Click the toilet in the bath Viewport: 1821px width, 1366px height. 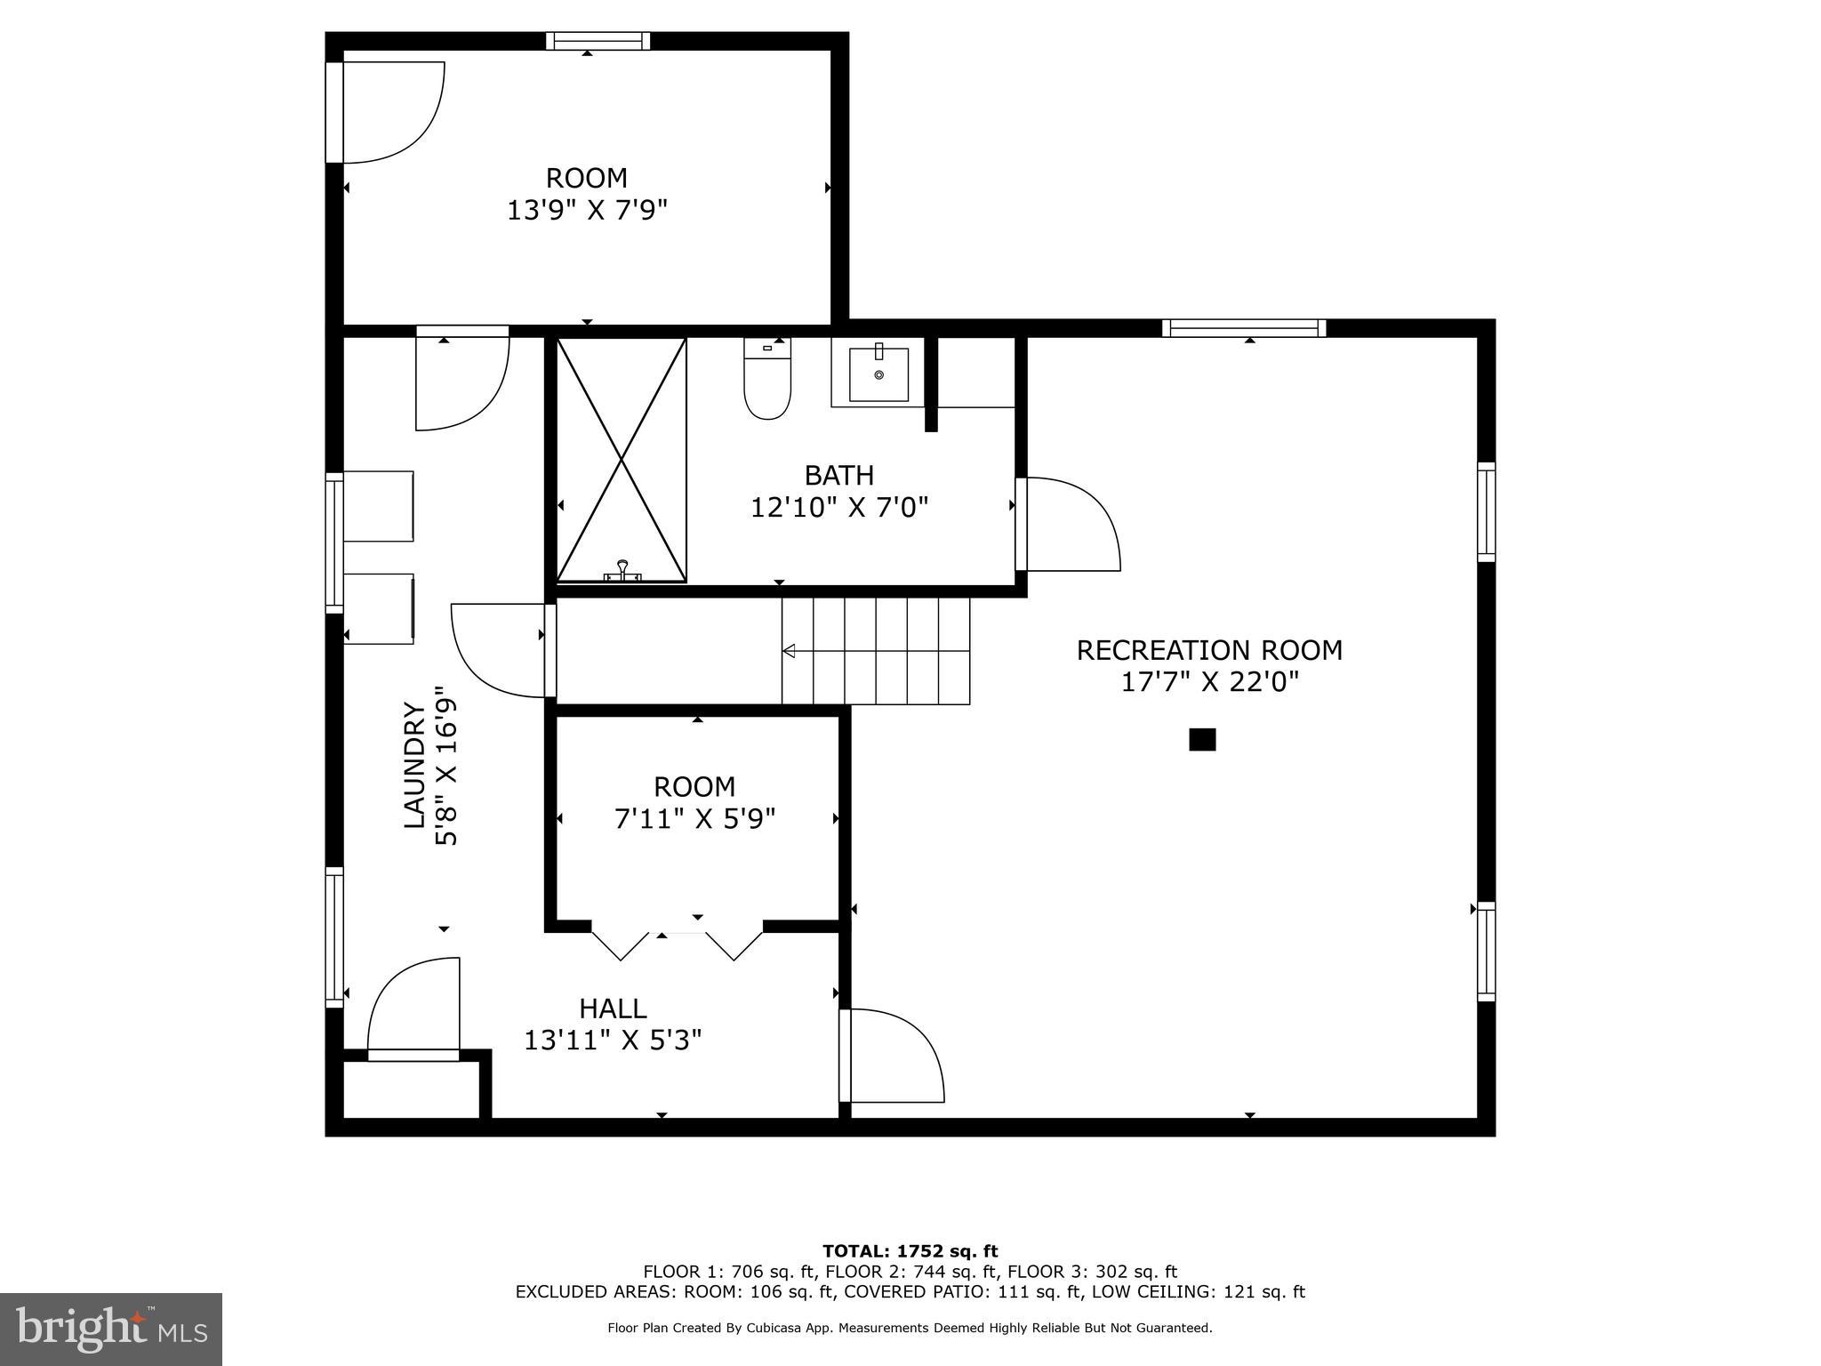pos(767,382)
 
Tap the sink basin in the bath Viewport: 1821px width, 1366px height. pos(878,374)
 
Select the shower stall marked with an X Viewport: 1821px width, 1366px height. pos(622,459)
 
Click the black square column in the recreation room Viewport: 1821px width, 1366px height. pos(1202,739)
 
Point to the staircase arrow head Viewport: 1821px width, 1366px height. pos(789,651)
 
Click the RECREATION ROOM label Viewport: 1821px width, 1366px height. pos(1209,650)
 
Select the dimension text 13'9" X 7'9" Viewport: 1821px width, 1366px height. pos(587,210)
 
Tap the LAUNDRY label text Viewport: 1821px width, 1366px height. pos(414,765)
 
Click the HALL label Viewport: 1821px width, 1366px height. pos(613,1008)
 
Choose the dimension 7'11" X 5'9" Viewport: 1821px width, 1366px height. pos(694,818)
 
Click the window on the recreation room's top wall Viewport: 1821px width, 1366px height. pos(1243,328)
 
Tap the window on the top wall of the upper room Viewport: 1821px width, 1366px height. pos(598,41)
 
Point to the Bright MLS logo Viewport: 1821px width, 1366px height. pos(111,1329)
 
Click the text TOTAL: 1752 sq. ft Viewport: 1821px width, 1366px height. pos(910,1252)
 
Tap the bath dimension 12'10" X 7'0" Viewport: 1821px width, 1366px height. pos(839,508)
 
